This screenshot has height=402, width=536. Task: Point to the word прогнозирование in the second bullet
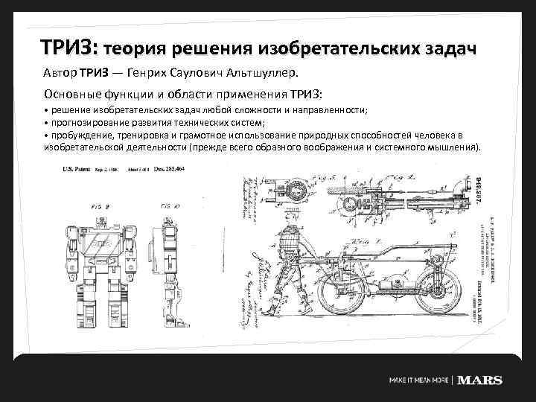coord(93,122)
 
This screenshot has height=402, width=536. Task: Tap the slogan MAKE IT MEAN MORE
coord(419,380)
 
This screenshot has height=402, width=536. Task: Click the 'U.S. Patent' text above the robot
coord(77,170)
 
